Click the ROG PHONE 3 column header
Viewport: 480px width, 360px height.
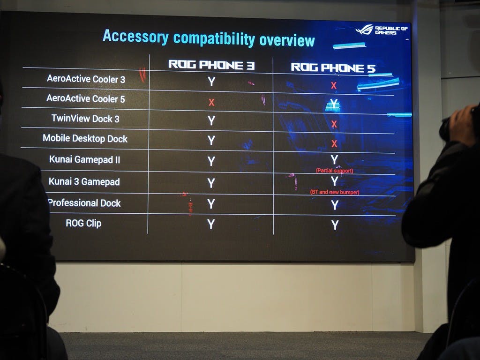coord(211,65)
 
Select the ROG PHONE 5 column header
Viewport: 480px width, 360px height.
coord(333,67)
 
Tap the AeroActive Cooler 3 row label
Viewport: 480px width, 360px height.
coord(86,79)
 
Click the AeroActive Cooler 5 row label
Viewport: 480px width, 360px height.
coord(86,98)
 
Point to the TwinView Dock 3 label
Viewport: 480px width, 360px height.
coord(85,119)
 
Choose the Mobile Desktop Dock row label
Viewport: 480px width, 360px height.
coord(85,138)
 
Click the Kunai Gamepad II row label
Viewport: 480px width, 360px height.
coord(84,159)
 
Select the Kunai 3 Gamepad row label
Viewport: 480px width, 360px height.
coord(84,181)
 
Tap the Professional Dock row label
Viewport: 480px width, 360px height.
coord(84,203)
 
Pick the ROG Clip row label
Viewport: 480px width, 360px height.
coord(83,223)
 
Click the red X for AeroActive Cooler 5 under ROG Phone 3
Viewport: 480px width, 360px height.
coord(211,102)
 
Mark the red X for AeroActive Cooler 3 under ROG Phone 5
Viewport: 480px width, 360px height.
coord(334,85)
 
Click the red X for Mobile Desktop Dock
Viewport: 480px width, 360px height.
coord(334,143)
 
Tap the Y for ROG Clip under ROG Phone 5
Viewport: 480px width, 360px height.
coord(335,225)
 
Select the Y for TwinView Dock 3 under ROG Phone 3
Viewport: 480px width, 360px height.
coord(211,120)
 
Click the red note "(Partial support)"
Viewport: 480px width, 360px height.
coord(335,171)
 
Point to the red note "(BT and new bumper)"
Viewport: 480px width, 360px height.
coord(335,192)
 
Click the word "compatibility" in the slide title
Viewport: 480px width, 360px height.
coord(214,39)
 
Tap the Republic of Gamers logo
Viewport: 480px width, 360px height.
coord(382,30)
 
